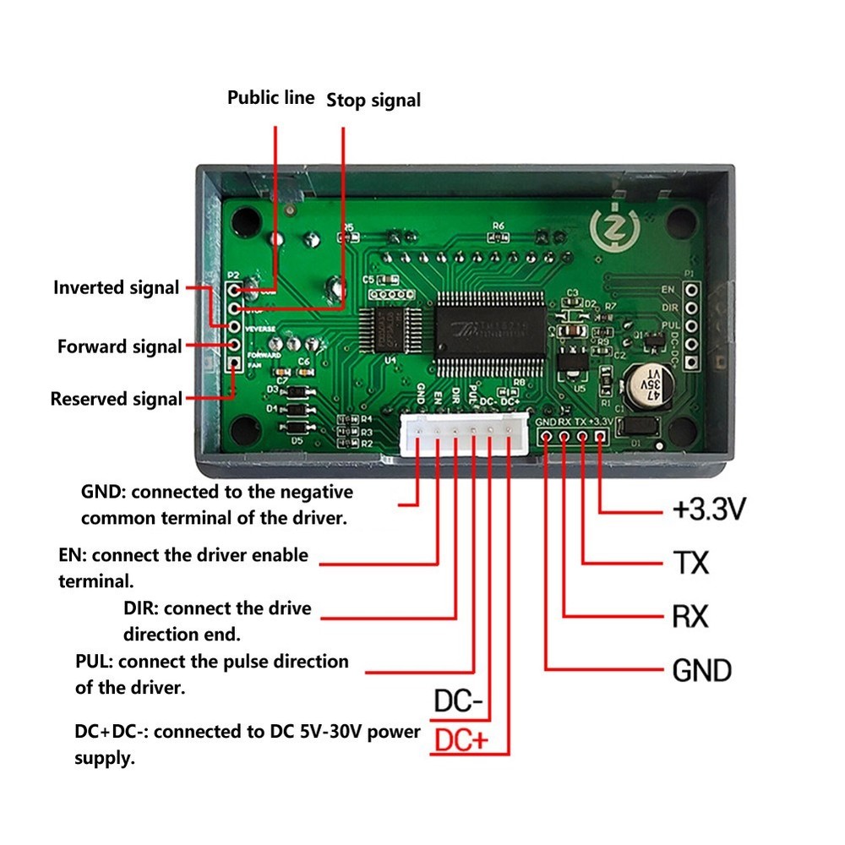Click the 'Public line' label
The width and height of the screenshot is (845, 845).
(270, 98)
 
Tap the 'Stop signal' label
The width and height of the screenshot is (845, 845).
(373, 101)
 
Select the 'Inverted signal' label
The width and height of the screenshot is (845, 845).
(117, 287)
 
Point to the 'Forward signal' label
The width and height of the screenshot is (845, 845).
(119, 346)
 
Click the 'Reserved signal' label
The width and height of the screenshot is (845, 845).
(117, 399)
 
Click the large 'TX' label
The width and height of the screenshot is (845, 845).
(691, 563)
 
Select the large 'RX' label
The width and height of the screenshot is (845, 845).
(690, 617)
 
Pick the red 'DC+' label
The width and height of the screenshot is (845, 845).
(461, 741)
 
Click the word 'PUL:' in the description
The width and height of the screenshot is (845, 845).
(95, 661)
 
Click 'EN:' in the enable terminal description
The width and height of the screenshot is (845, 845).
(74, 555)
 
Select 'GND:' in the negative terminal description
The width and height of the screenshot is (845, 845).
(103, 492)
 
